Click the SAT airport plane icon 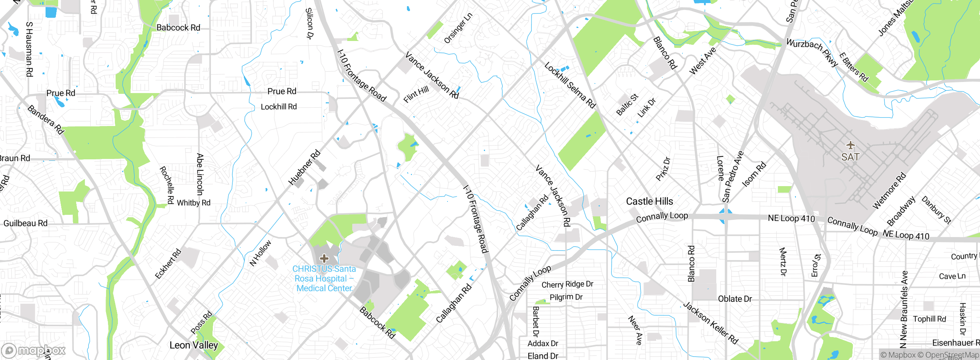(x=850, y=145)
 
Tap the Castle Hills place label (x=649, y=201)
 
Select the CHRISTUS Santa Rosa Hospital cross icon (x=324, y=258)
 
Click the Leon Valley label (x=194, y=345)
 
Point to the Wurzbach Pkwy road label (x=812, y=53)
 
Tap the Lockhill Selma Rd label (x=570, y=85)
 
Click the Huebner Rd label (x=304, y=168)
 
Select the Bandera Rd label (x=46, y=120)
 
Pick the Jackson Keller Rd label (x=710, y=323)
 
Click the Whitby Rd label (x=194, y=203)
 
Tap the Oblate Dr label (x=735, y=299)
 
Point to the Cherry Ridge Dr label (x=567, y=284)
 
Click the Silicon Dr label (x=309, y=24)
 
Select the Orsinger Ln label (x=458, y=28)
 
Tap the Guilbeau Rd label (x=25, y=223)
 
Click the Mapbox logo (x=34, y=350)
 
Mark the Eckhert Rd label (x=168, y=264)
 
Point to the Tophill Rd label (x=929, y=319)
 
